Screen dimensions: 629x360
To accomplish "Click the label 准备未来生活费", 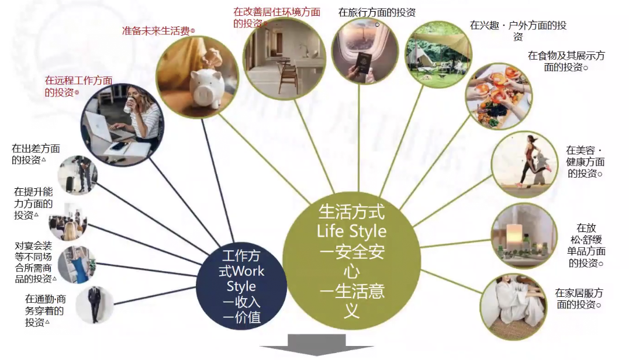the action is (158, 31).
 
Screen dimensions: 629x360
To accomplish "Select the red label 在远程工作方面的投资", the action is (78, 86).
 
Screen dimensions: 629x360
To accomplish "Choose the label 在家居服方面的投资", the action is (578, 298).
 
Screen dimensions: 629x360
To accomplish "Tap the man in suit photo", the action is (94, 303).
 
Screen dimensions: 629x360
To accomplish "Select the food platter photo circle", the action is (498, 96).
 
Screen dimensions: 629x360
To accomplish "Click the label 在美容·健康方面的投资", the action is (585, 162).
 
